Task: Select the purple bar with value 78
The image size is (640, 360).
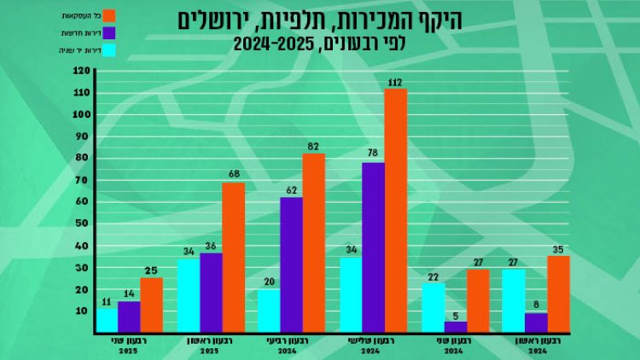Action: coord(373,247)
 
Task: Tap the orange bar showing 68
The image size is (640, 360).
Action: coord(234,257)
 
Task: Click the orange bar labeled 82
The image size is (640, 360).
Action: coord(314,242)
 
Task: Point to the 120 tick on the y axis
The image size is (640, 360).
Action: coord(82,71)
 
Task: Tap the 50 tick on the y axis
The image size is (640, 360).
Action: coord(82,224)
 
